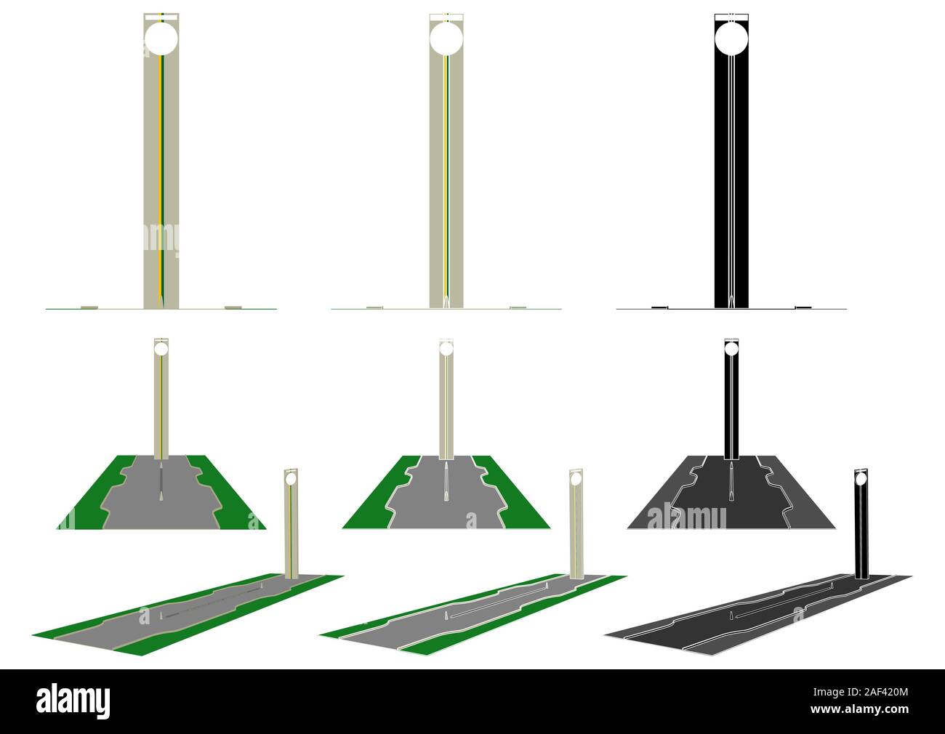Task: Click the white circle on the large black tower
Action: click(x=731, y=39)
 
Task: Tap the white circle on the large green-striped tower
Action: click(x=161, y=39)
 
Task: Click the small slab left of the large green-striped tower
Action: click(x=89, y=307)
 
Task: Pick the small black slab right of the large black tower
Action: click(x=803, y=307)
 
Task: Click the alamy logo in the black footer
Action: click(x=73, y=701)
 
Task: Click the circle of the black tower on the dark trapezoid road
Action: click(x=731, y=350)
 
